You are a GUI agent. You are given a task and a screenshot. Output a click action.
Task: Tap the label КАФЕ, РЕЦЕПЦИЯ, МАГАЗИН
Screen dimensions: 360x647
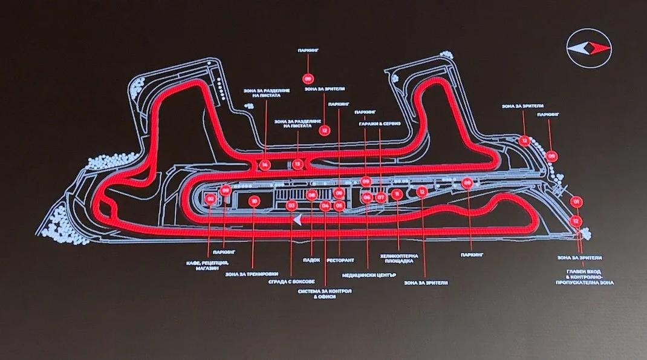pos(207,267)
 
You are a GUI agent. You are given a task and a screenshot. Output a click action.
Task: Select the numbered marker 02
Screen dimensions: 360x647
pos(210,198)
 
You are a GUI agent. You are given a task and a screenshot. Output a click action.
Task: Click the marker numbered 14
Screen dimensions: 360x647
pos(264,164)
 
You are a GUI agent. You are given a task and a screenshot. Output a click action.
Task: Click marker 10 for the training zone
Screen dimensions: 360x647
pos(254,201)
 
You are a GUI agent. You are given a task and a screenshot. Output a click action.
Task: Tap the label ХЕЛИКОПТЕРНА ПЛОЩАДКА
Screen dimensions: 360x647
pos(399,259)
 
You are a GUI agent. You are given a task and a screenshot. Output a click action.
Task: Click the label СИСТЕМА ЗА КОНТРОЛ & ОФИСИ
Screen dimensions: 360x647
pos(325,294)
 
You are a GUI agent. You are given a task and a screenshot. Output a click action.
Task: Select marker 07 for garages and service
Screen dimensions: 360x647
pos(380,197)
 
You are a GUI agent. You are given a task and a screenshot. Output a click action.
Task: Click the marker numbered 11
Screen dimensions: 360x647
pos(397,194)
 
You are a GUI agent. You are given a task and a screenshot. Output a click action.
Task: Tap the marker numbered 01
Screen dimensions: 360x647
pos(577,201)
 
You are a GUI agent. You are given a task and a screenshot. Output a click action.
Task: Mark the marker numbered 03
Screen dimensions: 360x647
pos(291,205)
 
